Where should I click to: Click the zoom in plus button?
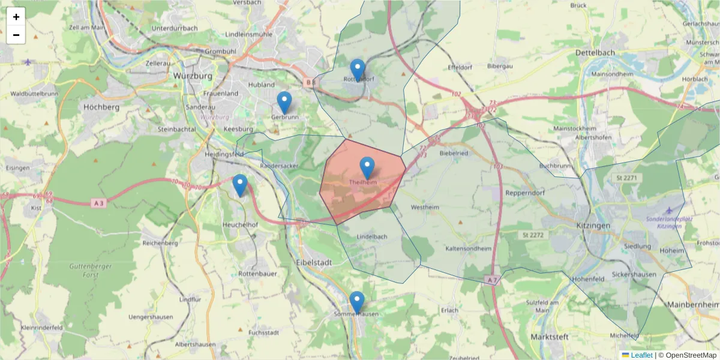[x=16, y=17]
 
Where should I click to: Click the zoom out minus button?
[x=16, y=35]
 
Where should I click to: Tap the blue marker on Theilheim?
[x=367, y=167]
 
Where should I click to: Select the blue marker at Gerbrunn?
[x=284, y=103]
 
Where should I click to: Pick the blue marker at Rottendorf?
[x=358, y=70]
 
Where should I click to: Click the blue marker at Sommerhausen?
[x=357, y=302]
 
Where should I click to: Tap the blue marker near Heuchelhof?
[x=240, y=185]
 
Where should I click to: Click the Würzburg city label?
[x=192, y=76]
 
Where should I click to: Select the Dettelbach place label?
[x=595, y=53]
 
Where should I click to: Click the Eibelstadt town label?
[x=314, y=262]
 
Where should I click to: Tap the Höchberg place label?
[x=101, y=107]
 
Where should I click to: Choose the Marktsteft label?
[x=550, y=337]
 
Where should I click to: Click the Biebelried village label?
[x=454, y=153]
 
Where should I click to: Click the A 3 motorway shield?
[x=99, y=203]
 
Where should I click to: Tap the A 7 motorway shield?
[x=492, y=280]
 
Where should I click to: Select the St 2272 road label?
[x=532, y=235]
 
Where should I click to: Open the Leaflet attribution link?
[x=641, y=355]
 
